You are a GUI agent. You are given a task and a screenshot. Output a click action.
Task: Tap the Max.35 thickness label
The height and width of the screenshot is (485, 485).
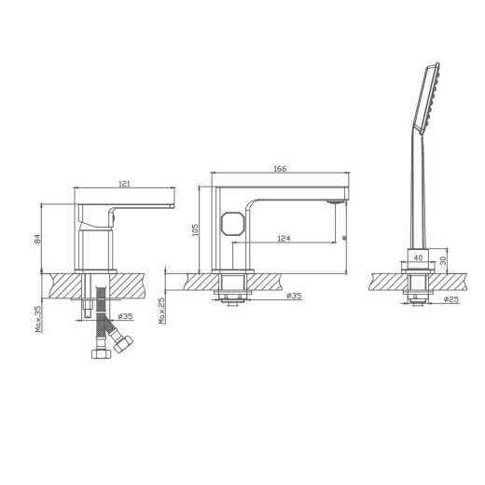[38, 319]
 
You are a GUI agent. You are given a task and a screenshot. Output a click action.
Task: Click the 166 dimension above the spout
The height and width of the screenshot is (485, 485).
[279, 169]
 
